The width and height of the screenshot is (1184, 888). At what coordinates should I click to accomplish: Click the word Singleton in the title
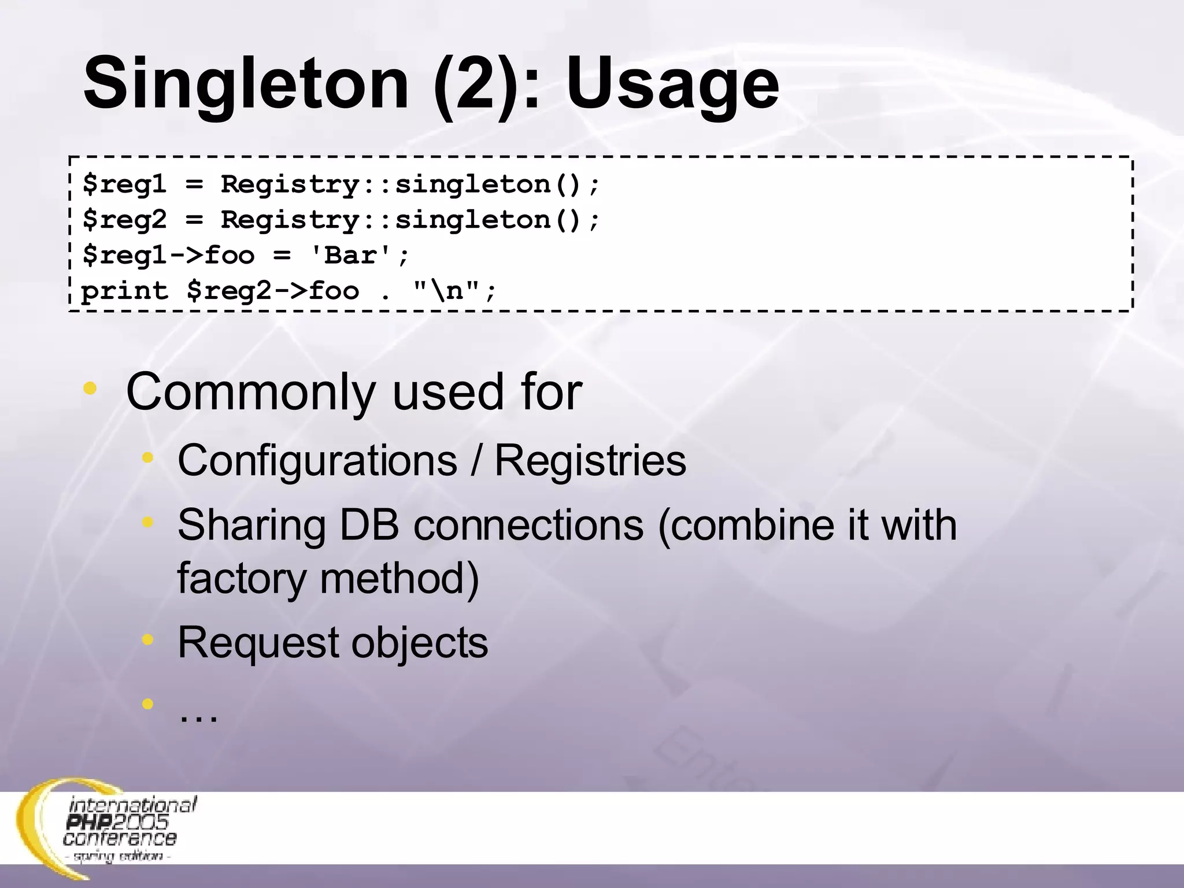point(246,84)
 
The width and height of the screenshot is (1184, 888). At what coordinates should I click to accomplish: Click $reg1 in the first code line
point(124,185)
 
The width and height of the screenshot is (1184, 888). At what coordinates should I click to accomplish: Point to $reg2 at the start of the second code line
point(124,220)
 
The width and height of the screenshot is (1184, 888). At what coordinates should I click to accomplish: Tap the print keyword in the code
point(124,291)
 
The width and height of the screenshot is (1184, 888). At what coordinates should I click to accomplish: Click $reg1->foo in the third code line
point(168,256)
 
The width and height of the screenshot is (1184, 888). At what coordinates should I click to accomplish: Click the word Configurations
point(317,461)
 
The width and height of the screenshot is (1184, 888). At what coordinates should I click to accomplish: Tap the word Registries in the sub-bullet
point(590,461)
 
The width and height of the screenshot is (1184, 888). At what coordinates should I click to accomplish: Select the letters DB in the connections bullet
point(369,525)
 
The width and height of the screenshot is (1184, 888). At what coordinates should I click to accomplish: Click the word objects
point(420,643)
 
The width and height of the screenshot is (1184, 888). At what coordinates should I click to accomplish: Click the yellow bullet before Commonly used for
point(90,388)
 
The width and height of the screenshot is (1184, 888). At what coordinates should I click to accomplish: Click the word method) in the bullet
point(399,578)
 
